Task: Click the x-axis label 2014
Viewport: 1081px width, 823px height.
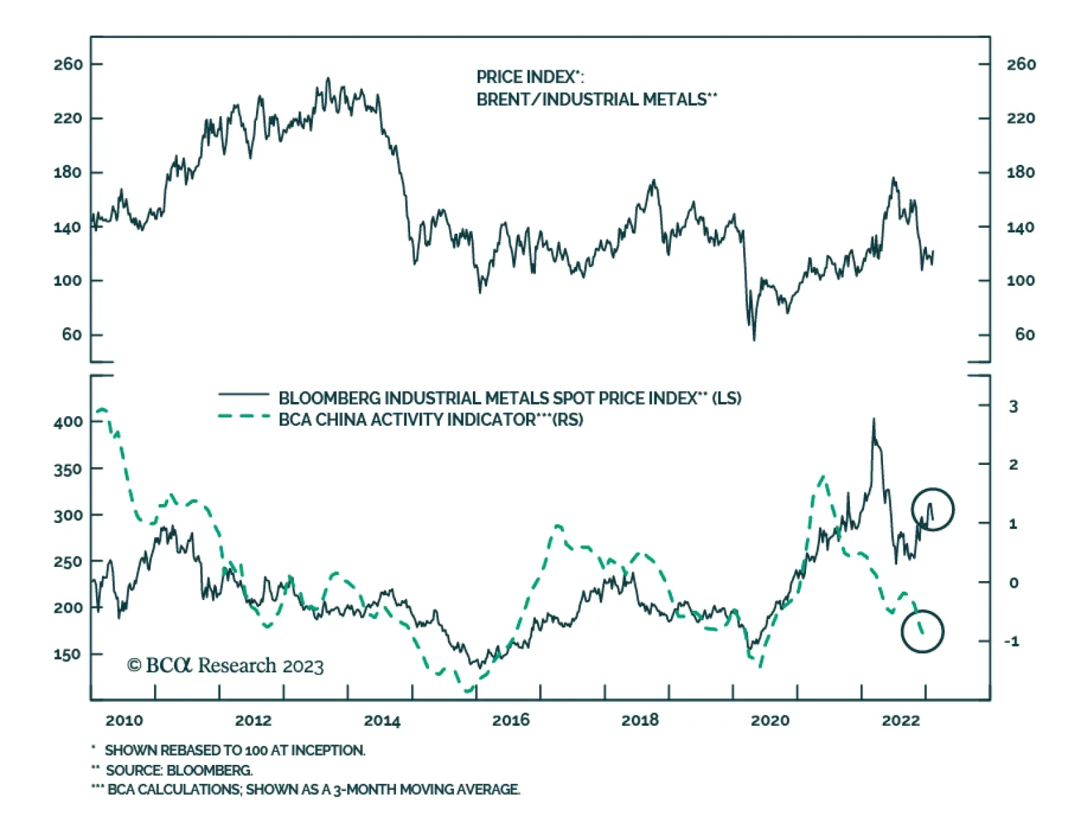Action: click(x=382, y=720)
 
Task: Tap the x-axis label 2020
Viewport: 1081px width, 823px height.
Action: click(x=770, y=720)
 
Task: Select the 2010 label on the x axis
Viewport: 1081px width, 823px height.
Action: click(x=124, y=720)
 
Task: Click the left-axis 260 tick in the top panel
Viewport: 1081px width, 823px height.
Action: click(x=68, y=64)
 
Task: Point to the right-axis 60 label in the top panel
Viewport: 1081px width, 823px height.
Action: click(x=1024, y=334)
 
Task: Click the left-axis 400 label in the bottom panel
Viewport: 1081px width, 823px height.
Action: click(x=68, y=422)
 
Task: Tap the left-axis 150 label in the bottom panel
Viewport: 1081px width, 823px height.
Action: click(x=68, y=654)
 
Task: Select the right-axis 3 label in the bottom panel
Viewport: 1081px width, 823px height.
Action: click(x=1013, y=406)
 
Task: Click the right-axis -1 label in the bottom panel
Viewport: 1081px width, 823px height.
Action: click(x=1011, y=641)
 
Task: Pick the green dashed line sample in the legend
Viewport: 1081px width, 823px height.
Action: click(x=243, y=416)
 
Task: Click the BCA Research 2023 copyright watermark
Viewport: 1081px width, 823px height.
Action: click(x=226, y=666)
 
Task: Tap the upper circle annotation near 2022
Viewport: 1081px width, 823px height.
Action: click(x=932, y=509)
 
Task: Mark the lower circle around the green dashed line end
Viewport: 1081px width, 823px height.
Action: click(x=922, y=631)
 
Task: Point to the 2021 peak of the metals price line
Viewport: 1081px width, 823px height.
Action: click(x=874, y=420)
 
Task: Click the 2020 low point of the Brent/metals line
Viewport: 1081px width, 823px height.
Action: click(x=754, y=339)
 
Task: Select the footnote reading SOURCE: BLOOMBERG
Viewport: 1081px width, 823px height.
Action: click(x=179, y=770)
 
